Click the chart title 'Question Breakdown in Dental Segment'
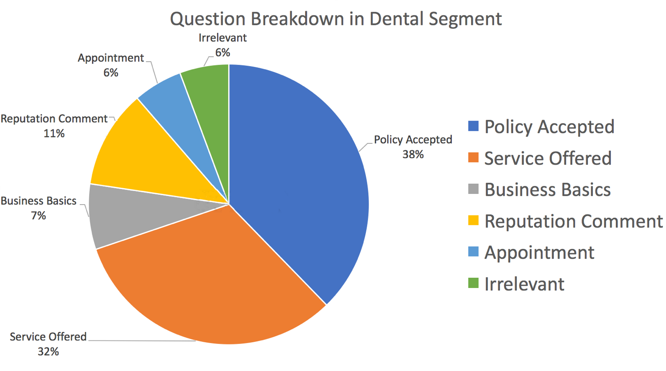(x=336, y=20)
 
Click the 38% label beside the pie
(x=413, y=154)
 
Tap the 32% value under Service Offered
(x=48, y=351)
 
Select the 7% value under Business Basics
(x=38, y=216)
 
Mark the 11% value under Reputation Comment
(x=54, y=134)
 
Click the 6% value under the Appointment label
(x=111, y=72)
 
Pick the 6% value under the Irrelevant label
(x=222, y=53)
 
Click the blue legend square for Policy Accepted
(x=473, y=126)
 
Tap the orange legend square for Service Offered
(x=473, y=158)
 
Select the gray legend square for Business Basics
(x=473, y=189)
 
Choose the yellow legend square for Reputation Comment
(x=473, y=220)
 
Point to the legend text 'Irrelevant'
(x=524, y=284)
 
